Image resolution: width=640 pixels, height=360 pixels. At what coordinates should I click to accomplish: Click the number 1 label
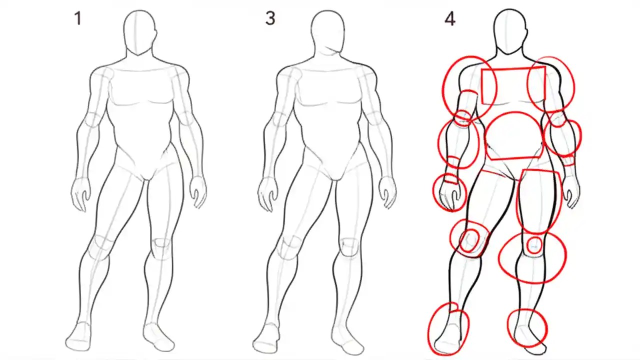coord(77,19)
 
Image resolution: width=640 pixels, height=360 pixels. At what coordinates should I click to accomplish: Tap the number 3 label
coord(270,19)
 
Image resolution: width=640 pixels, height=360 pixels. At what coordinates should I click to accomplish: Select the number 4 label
coord(449,19)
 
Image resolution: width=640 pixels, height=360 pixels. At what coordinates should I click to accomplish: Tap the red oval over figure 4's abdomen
coord(513,136)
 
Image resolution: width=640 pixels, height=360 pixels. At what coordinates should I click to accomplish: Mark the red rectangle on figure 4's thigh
coord(540,200)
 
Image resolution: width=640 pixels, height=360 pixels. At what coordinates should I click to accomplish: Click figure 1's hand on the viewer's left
coord(80,192)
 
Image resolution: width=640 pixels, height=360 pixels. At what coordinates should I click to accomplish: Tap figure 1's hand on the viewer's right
coord(198,191)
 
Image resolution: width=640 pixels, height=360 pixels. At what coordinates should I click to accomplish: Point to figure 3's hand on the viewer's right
coord(387,191)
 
